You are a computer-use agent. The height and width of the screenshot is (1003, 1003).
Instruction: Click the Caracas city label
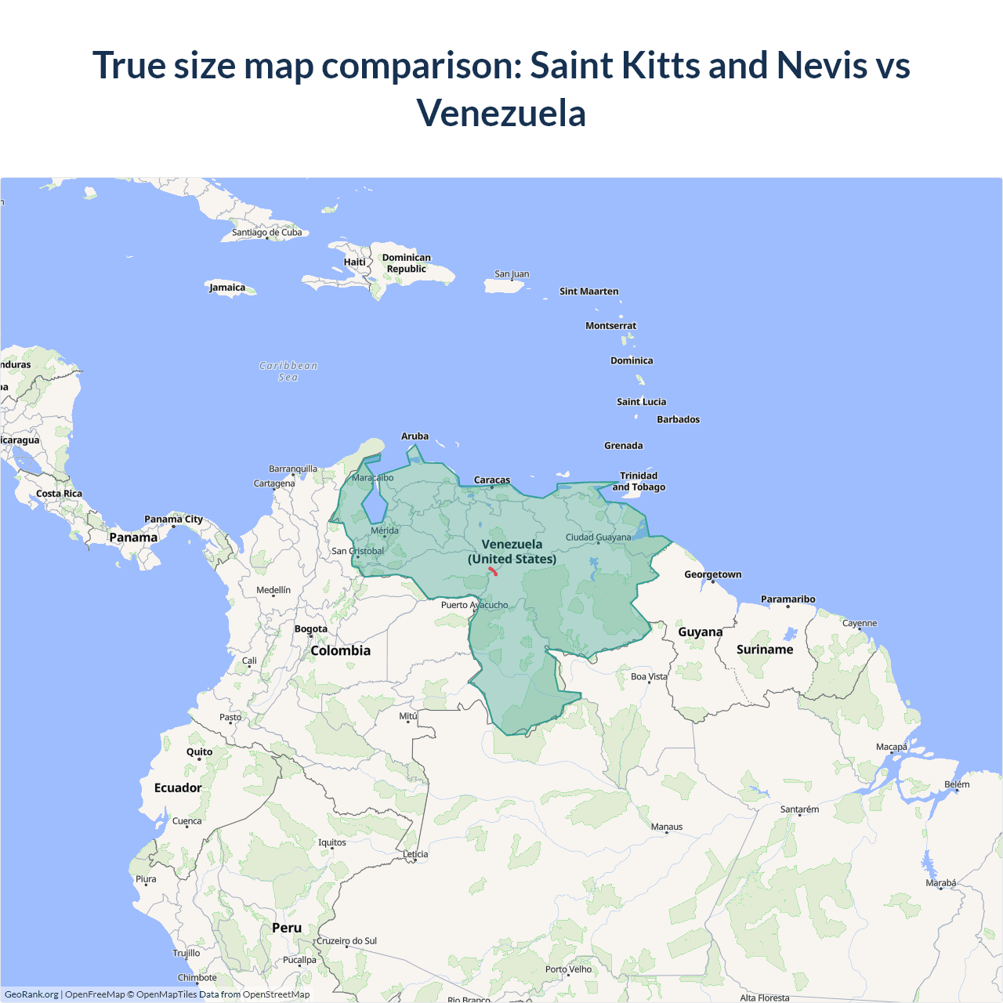coord(492,480)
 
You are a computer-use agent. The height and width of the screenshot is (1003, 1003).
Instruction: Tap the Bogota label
coord(311,628)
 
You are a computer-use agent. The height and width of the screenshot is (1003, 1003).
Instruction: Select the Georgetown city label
coord(712,574)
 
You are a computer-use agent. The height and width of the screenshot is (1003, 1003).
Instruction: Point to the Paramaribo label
coord(788,599)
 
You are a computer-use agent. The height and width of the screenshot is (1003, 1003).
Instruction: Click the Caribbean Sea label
coord(288,371)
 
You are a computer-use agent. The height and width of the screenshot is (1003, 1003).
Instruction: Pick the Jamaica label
coord(227,288)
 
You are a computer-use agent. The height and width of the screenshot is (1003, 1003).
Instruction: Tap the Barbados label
coord(678,419)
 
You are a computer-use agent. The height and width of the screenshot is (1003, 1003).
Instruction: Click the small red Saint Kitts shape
coord(493,570)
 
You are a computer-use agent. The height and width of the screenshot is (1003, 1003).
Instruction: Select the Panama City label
coord(173,519)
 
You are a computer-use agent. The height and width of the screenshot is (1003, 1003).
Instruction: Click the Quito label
coord(199,751)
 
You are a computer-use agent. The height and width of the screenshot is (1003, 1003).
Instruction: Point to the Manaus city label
coord(667,827)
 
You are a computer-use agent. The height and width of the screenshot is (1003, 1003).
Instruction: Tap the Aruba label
coord(415,436)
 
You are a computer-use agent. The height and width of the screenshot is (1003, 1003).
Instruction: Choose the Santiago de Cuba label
coord(266,232)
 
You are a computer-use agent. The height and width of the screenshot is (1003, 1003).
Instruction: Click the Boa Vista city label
coord(649,676)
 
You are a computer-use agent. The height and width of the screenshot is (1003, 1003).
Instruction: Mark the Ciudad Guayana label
coord(598,538)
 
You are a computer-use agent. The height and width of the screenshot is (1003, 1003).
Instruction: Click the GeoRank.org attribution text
coord(31,994)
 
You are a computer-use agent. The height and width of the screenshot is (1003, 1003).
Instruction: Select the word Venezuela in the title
coord(501,114)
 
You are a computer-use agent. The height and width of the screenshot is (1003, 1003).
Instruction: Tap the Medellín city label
coord(273,590)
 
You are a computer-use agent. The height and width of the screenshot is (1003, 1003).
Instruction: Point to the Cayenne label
coord(860,623)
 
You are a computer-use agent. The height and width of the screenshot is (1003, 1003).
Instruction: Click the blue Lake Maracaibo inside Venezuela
coord(373,501)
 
